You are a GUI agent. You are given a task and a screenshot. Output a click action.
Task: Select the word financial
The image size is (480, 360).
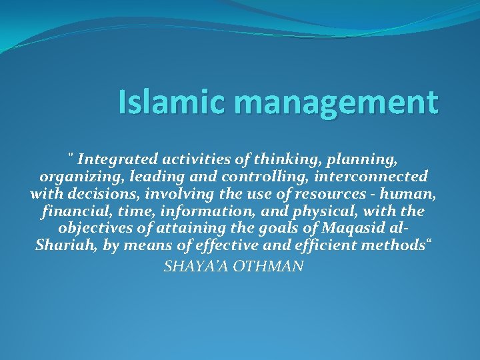pos(71,212)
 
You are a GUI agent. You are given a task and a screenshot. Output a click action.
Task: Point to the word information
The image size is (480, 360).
pos(181,212)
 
